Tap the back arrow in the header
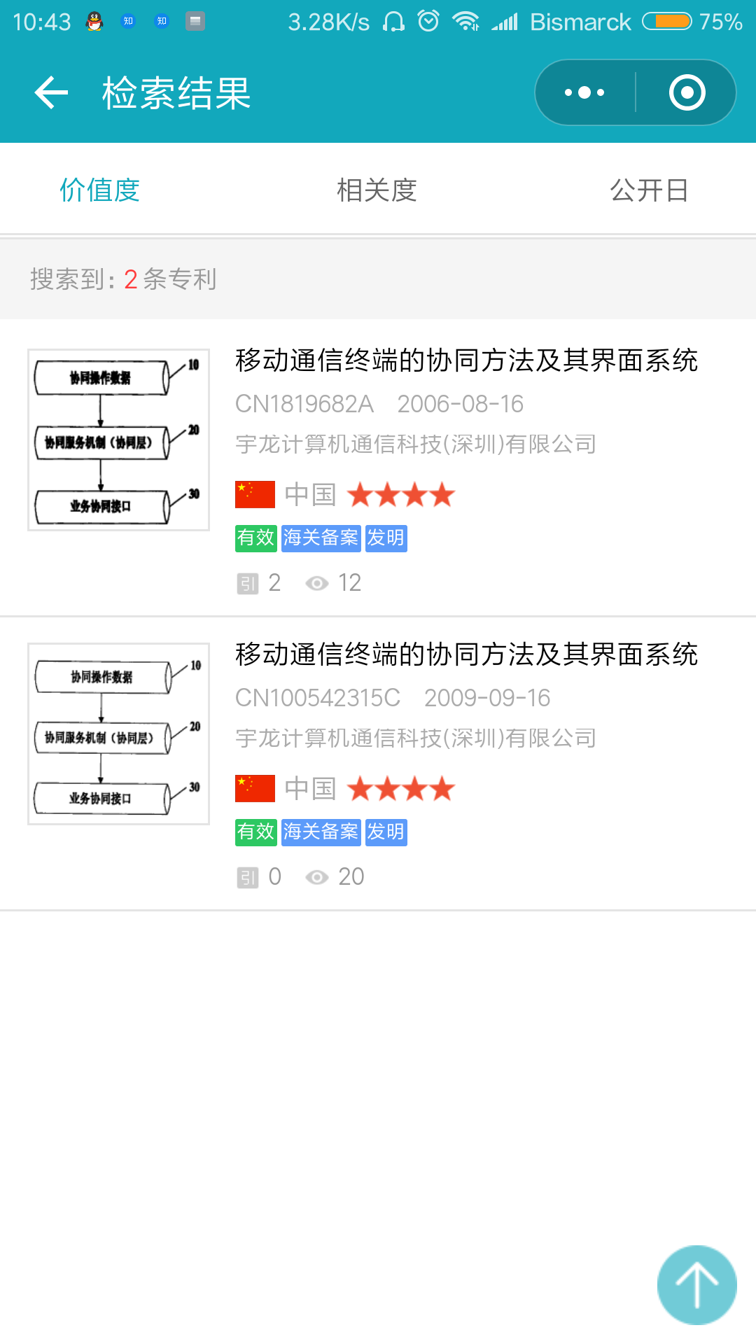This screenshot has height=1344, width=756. pyautogui.click(x=51, y=92)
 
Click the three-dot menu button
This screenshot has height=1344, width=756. pyautogui.click(x=584, y=92)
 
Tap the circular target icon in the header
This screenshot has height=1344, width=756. pyautogui.click(x=687, y=92)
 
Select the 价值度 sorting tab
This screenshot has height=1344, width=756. pyautogui.click(x=100, y=190)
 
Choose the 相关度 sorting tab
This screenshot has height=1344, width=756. pyautogui.click(x=377, y=190)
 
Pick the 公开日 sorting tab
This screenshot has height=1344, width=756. pyautogui.click(x=649, y=190)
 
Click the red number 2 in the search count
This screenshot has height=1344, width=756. pyautogui.click(x=130, y=279)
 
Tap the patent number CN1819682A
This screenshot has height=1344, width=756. pyautogui.click(x=304, y=404)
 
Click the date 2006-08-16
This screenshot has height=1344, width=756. pyautogui.click(x=460, y=404)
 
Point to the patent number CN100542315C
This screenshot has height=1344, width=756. pyautogui.click(x=318, y=698)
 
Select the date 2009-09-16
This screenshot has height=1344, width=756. pyautogui.click(x=487, y=698)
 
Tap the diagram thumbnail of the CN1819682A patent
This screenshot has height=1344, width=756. pyautogui.click(x=118, y=440)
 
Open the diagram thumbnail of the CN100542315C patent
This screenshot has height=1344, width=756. pyautogui.click(x=118, y=734)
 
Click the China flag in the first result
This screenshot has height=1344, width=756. pyautogui.click(x=255, y=495)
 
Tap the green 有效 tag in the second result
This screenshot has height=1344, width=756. pyautogui.click(x=255, y=832)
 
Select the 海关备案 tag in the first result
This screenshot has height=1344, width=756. pyautogui.click(x=321, y=538)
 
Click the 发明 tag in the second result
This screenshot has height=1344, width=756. pyautogui.click(x=386, y=832)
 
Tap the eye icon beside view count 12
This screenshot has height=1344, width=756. pyautogui.click(x=317, y=583)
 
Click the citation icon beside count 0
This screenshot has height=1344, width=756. pyautogui.click(x=248, y=877)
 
